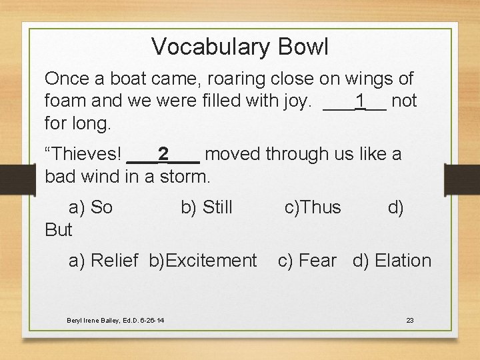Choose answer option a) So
point(91,208)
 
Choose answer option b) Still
point(207,208)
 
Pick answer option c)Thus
point(312,208)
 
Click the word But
point(59,230)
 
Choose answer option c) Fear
point(307,261)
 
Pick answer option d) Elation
point(392,261)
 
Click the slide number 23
point(410,321)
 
